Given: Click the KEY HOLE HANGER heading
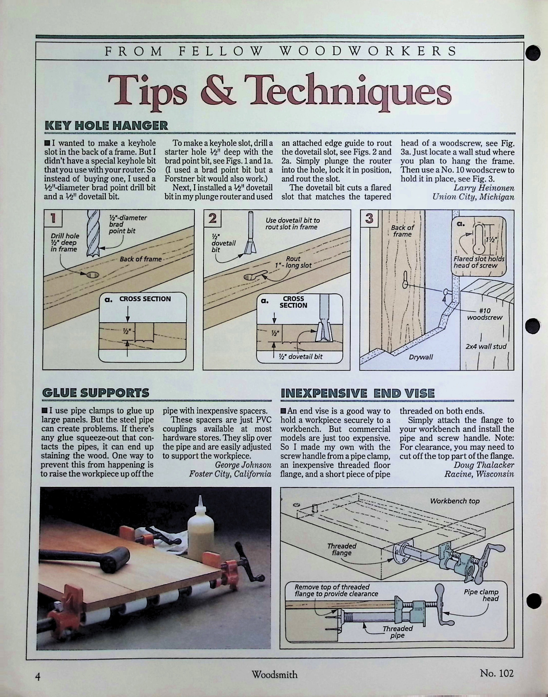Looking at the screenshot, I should coord(106,125).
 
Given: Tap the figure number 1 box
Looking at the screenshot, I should coord(53,218).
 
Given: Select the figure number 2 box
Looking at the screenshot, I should coord(213,218).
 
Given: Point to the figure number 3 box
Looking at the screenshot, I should coord(369,218).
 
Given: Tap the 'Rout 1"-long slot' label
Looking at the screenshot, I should coord(293,262).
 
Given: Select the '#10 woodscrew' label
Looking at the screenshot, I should coord(485,314).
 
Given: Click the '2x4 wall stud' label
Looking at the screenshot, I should coord(486,346).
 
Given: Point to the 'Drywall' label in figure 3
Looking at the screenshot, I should coord(421,357).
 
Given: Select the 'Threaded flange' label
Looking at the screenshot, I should coord(342,549).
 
